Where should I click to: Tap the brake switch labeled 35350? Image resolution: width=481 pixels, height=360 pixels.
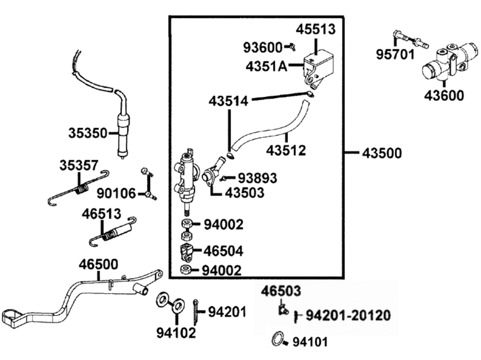(124, 132)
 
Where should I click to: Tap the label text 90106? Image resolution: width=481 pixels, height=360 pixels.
(116, 193)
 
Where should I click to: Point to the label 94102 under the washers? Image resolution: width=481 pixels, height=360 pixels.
(176, 332)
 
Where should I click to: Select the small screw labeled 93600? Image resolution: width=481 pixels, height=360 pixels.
(290, 46)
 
